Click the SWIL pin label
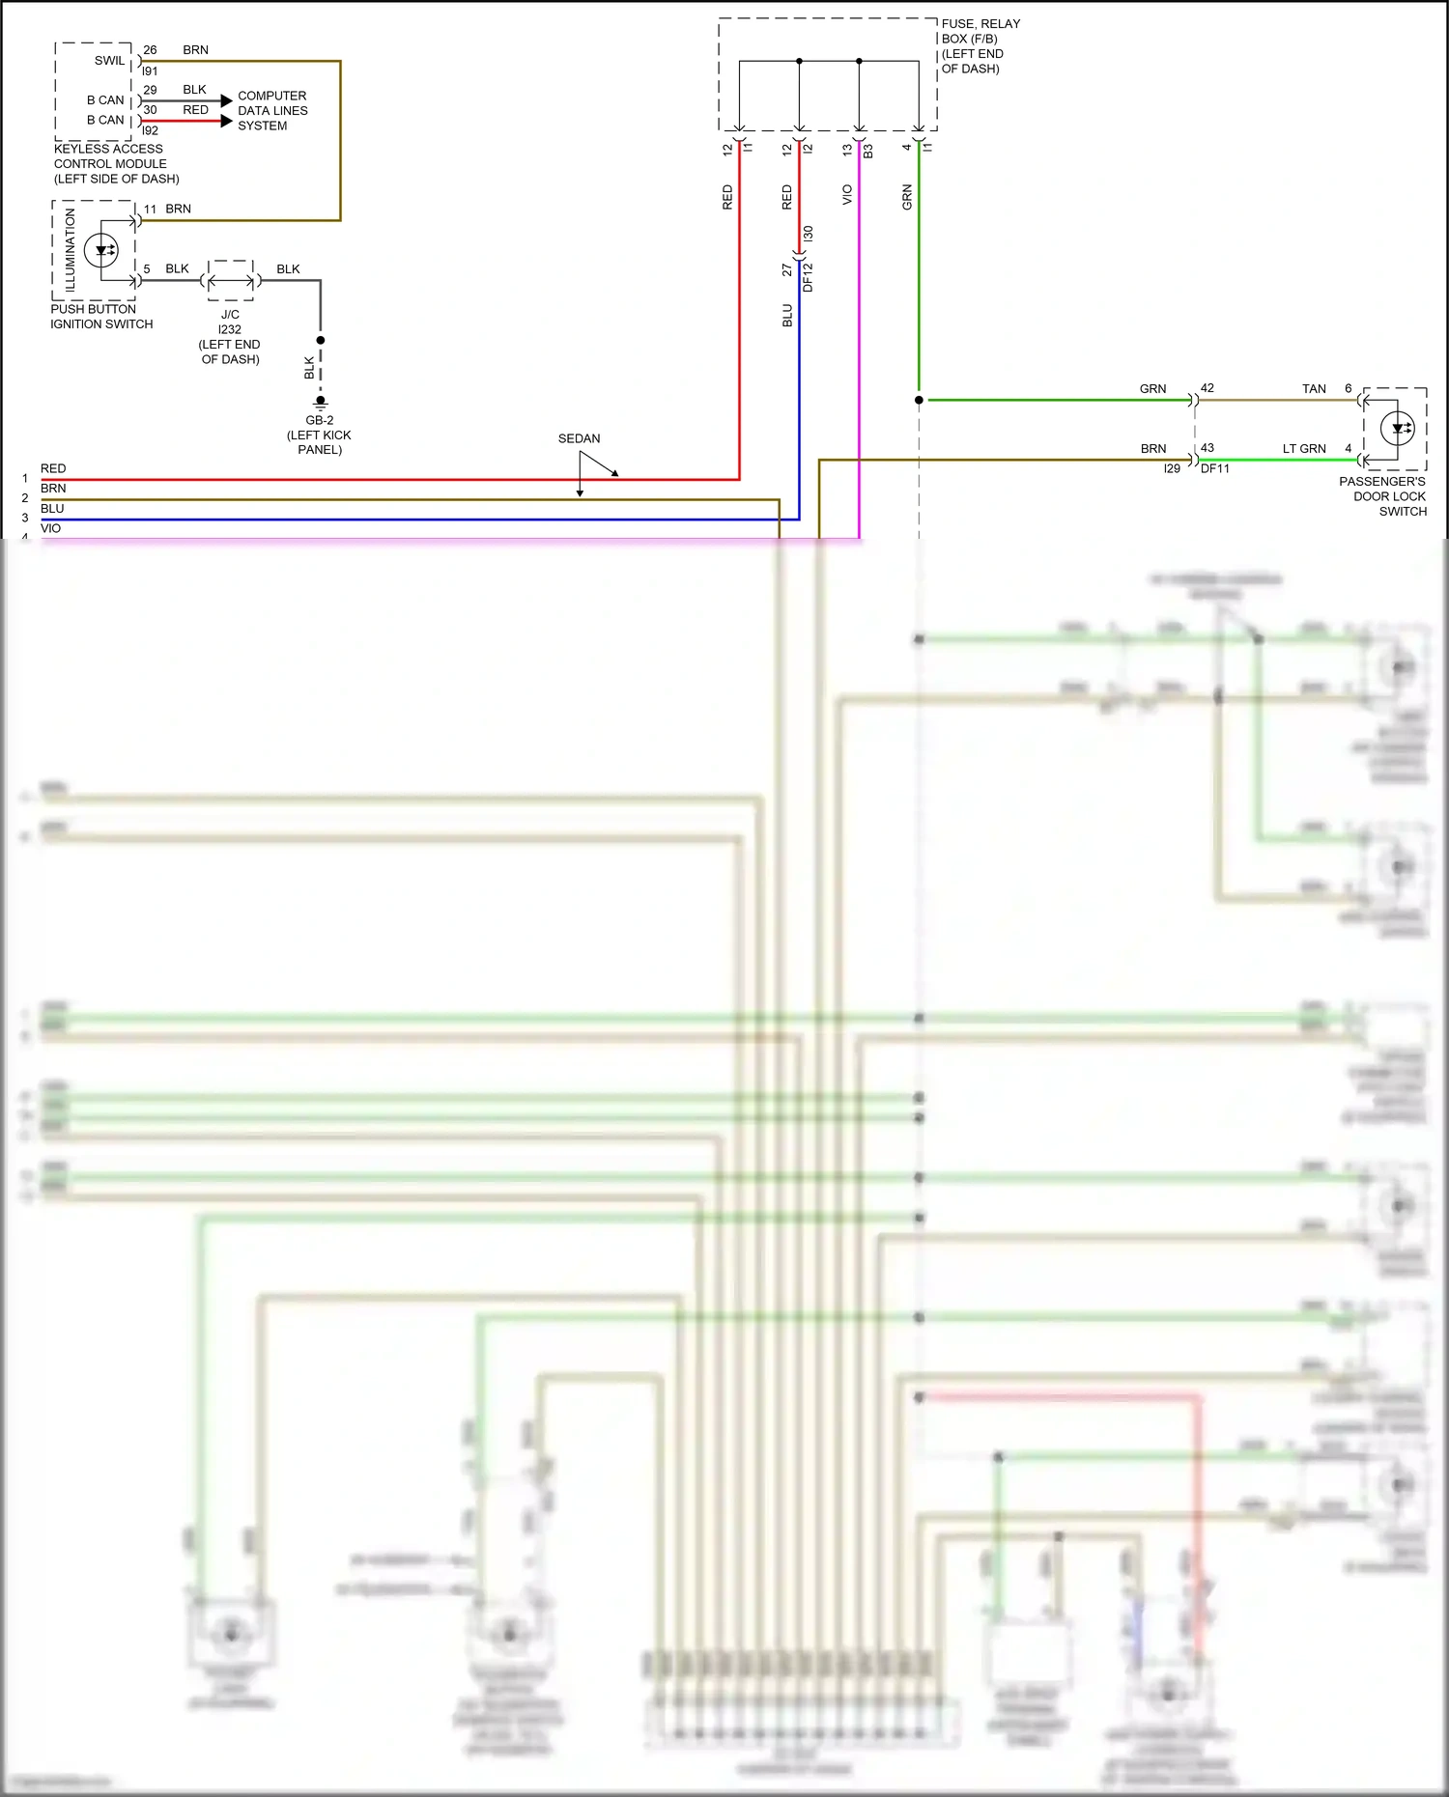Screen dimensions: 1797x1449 click(109, 61)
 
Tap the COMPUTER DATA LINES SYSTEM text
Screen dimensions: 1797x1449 click(272, 111)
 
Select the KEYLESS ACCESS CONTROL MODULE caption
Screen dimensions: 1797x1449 click(116, 164)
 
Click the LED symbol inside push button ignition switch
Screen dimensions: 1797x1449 click(101, 251)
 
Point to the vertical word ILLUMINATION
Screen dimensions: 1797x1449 click(70, 250)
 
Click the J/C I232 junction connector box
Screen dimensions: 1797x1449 click(231, 281)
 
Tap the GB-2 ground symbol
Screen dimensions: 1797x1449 click(321, 402)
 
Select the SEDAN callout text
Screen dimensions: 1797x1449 click(579, 438)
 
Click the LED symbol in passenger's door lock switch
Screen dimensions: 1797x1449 click(1398, 428)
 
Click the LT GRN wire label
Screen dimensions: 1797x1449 click(1303, 449)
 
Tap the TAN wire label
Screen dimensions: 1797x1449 click(1314, 389)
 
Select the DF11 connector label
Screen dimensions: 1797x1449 click(1215, 468)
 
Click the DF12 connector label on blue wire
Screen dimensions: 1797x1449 click(809, 277)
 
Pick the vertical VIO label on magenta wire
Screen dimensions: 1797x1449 click(847, 195)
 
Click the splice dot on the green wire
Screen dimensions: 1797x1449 click(919, 400)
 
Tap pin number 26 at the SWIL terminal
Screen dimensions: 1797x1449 click(150, 50)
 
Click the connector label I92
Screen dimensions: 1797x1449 click(150, 130)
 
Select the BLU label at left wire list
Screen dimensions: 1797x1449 click(52, 509)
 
